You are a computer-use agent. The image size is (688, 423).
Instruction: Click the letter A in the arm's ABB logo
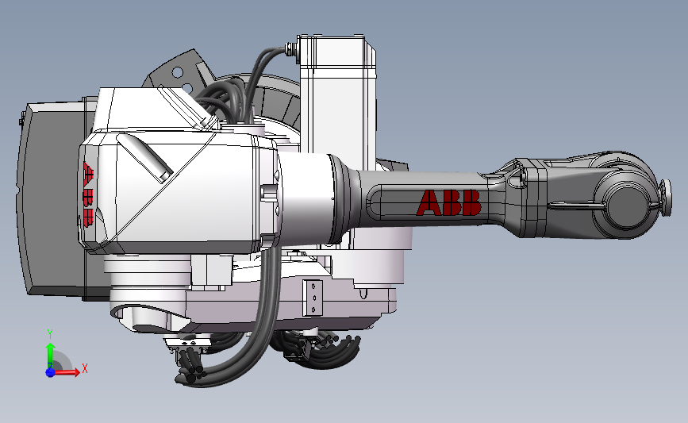(429, 202)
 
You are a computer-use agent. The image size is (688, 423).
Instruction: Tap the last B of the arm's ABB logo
(472, 202)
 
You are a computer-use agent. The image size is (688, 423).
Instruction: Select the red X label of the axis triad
(85, 368)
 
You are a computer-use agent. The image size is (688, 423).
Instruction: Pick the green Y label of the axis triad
(50, 334)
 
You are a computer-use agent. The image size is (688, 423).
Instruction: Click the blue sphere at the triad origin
(50, 372)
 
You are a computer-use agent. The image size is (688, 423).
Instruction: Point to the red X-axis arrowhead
(76, 372)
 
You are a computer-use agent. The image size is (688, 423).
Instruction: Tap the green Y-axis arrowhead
(51, 348)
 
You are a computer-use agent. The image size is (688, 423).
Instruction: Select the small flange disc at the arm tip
(666, 198)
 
